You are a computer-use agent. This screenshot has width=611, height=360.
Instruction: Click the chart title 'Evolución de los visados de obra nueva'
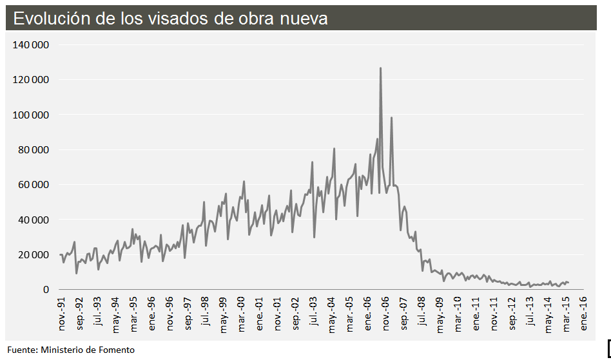point(171,19)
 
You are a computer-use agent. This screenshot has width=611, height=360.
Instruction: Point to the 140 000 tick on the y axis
point(32,45)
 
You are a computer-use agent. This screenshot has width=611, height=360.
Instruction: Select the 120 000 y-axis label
point(32,80)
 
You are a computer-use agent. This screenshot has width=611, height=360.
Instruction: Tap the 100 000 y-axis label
point(32,115)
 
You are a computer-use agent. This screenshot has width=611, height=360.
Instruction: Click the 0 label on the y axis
point(46,289)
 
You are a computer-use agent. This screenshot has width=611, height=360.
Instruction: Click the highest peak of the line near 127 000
point(380,68)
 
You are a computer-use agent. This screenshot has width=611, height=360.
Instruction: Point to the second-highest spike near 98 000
point(391,117)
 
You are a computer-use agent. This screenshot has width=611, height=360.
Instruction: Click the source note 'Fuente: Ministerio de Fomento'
point(71,350)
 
